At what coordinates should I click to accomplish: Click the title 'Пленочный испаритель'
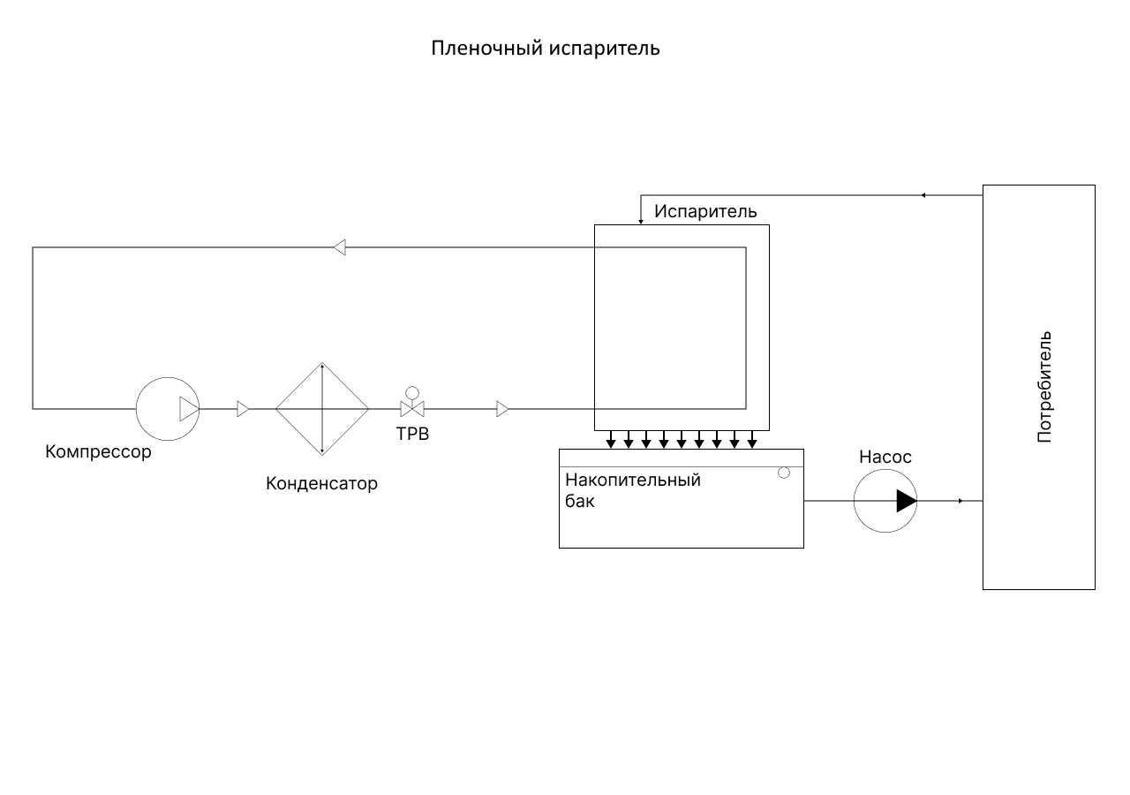545,48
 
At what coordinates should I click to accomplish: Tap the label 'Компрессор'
98,452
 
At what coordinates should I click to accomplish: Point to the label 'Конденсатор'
321,484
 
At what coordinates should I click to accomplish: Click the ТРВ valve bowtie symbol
411,409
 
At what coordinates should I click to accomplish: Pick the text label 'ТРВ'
412,434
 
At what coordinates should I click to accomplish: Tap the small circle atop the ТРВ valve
411,392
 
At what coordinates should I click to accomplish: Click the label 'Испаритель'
705,212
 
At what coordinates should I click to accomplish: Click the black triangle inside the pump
906,501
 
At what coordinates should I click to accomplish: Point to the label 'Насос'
885,458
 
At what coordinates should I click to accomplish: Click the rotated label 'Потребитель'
1044,387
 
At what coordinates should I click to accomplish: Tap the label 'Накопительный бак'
633,490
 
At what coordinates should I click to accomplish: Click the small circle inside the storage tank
784,473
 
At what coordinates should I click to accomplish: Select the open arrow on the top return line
340,247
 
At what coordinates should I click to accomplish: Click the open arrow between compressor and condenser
243,409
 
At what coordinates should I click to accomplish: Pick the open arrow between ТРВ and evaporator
502,409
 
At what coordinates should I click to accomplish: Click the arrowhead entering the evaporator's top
641,221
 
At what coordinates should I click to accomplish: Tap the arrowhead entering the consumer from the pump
960,501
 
